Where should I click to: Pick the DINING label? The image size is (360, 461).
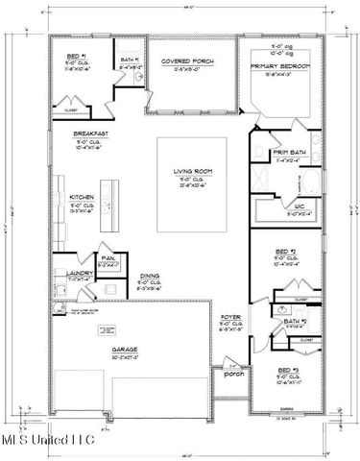(149, 276)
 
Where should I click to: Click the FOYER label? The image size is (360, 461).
(231, 315)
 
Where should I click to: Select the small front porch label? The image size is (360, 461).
(232, 374)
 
